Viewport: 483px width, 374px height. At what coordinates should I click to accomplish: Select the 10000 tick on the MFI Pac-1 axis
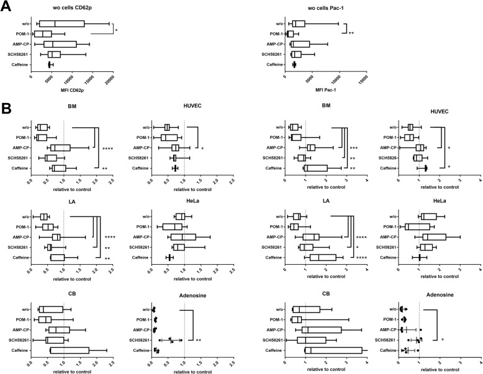pos(336,77)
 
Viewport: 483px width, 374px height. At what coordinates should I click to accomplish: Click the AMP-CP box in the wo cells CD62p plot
pos(60,44)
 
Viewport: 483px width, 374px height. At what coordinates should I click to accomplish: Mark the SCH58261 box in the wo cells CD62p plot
pos(54,54)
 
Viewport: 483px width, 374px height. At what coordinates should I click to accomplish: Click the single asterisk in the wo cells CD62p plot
pos(117,29)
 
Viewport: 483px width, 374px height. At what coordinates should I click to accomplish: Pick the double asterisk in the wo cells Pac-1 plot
pos(351,33)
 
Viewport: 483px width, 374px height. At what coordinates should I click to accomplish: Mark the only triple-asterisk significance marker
pos(353,148)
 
